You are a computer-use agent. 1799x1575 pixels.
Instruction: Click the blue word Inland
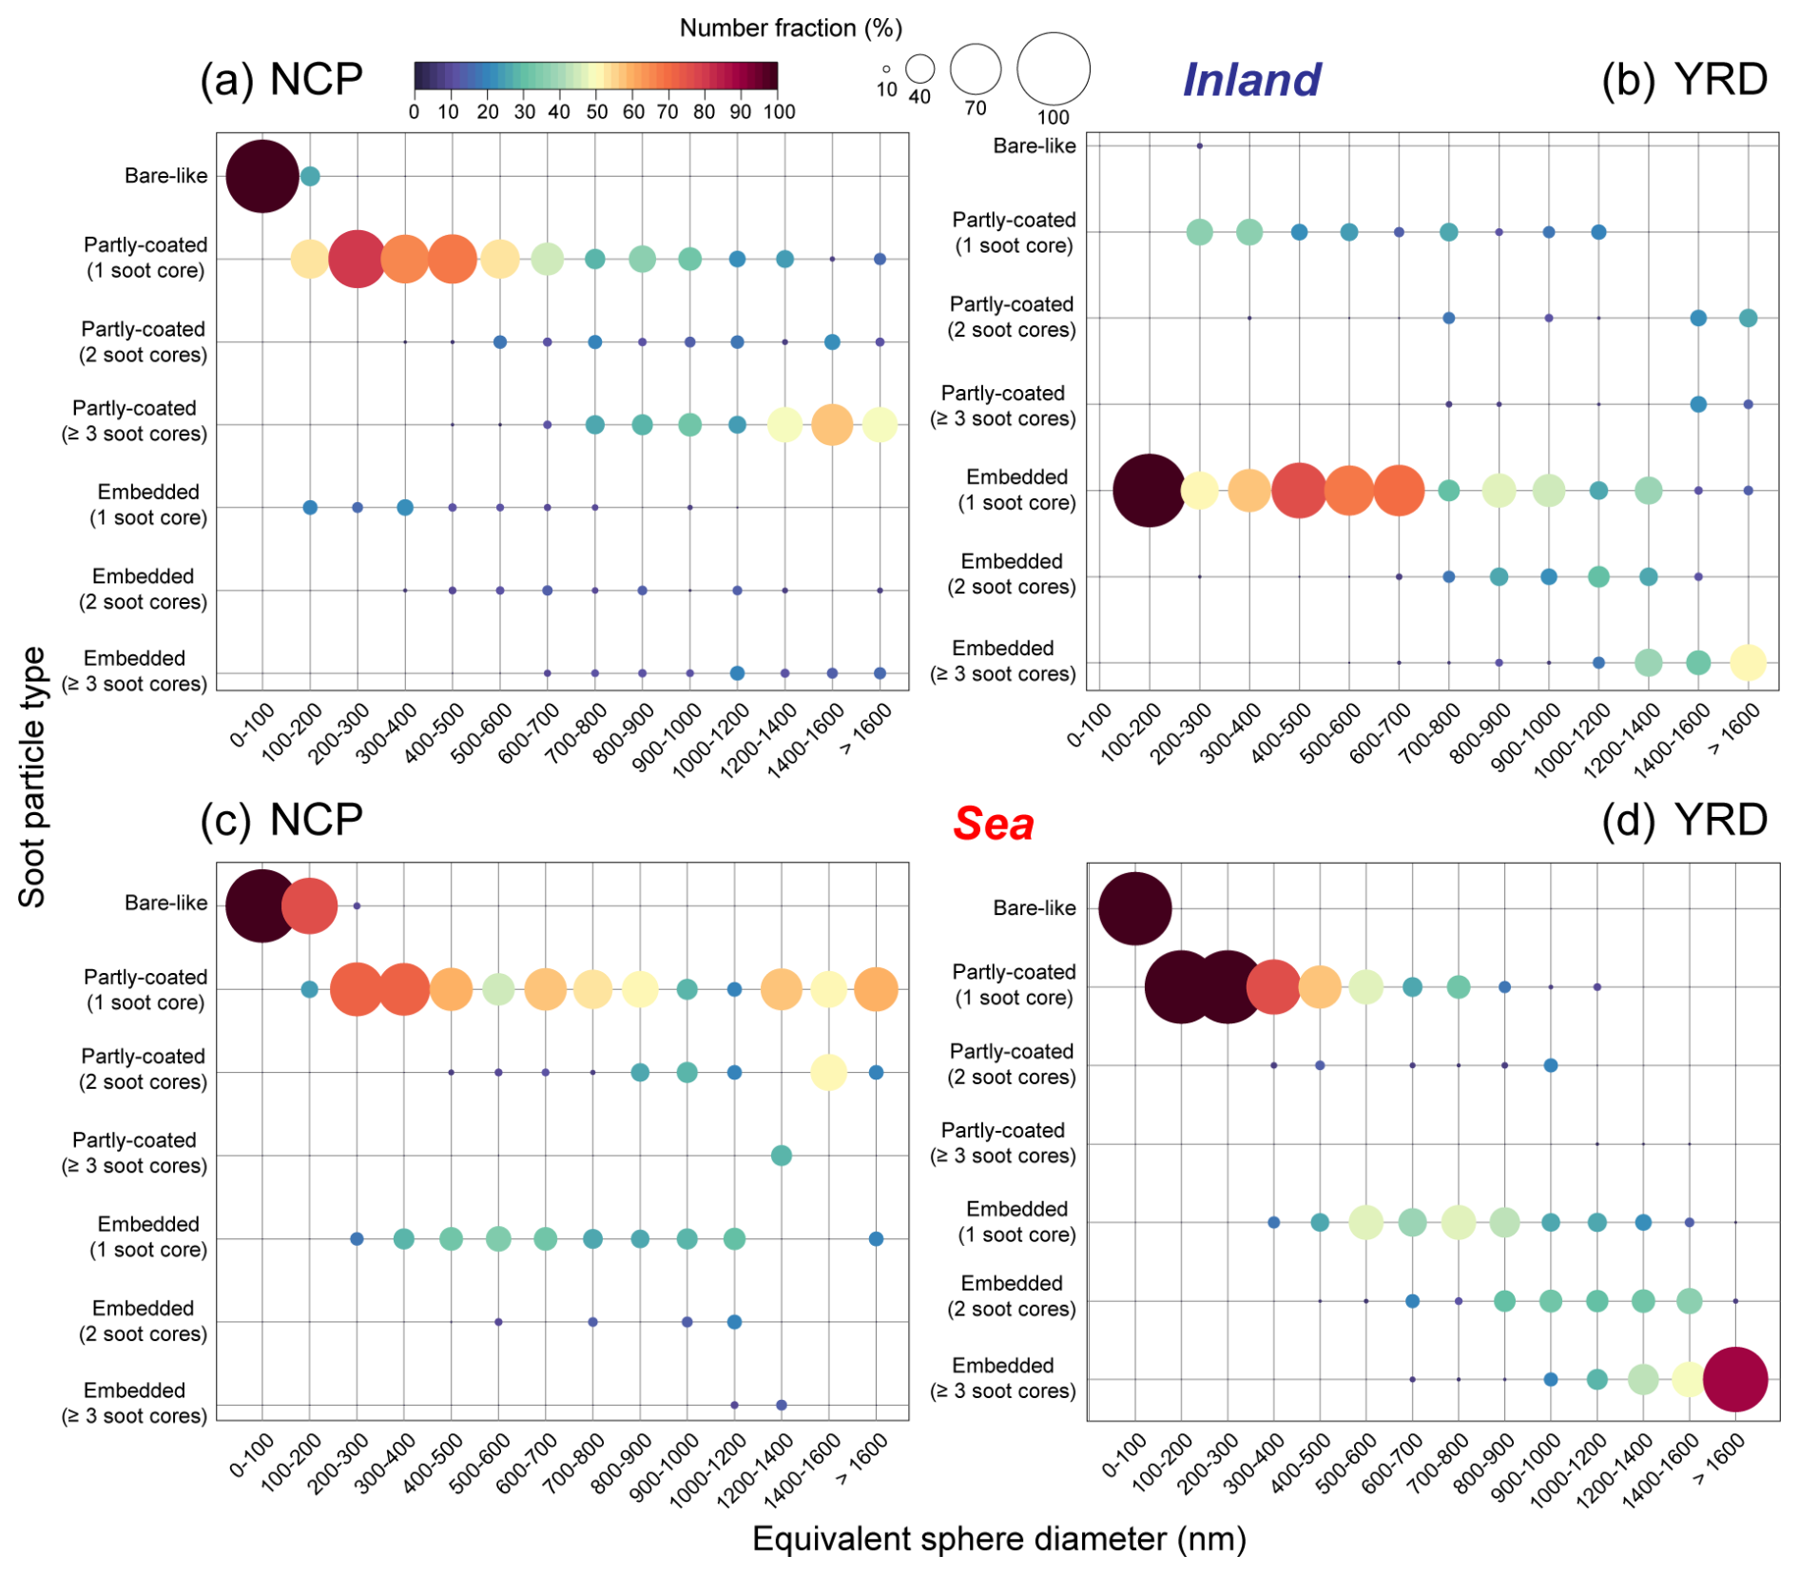click(x=1250, y=80)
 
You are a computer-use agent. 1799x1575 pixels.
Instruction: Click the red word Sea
click(x=993, y=824)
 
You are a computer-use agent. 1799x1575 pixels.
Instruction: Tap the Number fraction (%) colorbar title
click(x=790, y=29)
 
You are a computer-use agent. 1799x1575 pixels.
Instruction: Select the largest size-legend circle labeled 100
click(x=1053, y=68)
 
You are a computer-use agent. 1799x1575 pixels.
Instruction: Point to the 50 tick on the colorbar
click(x=596, y=112)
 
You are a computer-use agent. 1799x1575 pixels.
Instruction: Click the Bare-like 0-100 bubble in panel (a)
click(x=262, y=176)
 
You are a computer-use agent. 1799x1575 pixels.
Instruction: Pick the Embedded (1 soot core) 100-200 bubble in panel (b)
click(x=1149, y=491)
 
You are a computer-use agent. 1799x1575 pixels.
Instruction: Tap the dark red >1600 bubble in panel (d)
click(x=1734, y=1379)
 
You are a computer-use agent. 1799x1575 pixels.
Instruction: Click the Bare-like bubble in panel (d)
click(x=1134, y=908)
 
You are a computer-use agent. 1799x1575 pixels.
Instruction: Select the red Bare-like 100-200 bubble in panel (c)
click(x=309, y=906)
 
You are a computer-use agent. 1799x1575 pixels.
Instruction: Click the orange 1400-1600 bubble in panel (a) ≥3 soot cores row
click(x=832, y=424)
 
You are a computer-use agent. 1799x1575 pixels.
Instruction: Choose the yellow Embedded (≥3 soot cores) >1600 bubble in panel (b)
click(x=1748, y=662)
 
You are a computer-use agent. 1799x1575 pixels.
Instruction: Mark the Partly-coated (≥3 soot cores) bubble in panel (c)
click(x=781, y=1156)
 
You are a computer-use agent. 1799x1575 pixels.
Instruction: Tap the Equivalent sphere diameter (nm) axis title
click(x=998, y=1538)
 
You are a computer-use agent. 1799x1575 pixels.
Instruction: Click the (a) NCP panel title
click(x=281, y=79)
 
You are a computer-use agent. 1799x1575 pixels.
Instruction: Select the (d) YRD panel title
click(x=1684, y=820)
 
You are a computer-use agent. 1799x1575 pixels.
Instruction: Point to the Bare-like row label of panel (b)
click(x=1034, y=146)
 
